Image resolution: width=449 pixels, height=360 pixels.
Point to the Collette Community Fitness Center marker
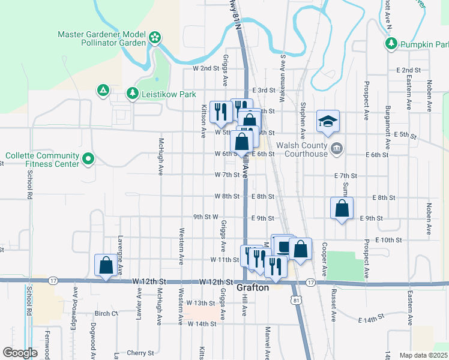point(88,159)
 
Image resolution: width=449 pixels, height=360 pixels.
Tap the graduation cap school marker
point(328,121)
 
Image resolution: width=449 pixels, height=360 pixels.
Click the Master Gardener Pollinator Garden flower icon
point(154,38)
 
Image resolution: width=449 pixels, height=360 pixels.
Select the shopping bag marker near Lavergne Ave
point(106,265)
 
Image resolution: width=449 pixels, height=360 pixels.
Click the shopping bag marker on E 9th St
point(342,208)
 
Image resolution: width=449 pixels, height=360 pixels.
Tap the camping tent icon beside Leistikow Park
point(103,91)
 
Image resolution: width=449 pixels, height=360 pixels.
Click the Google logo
point(20,353)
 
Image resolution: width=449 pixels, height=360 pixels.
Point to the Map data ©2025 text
point(423,355)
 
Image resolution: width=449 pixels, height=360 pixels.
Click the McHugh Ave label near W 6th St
point(161,157)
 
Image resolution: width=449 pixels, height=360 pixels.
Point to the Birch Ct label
point(106,313)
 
